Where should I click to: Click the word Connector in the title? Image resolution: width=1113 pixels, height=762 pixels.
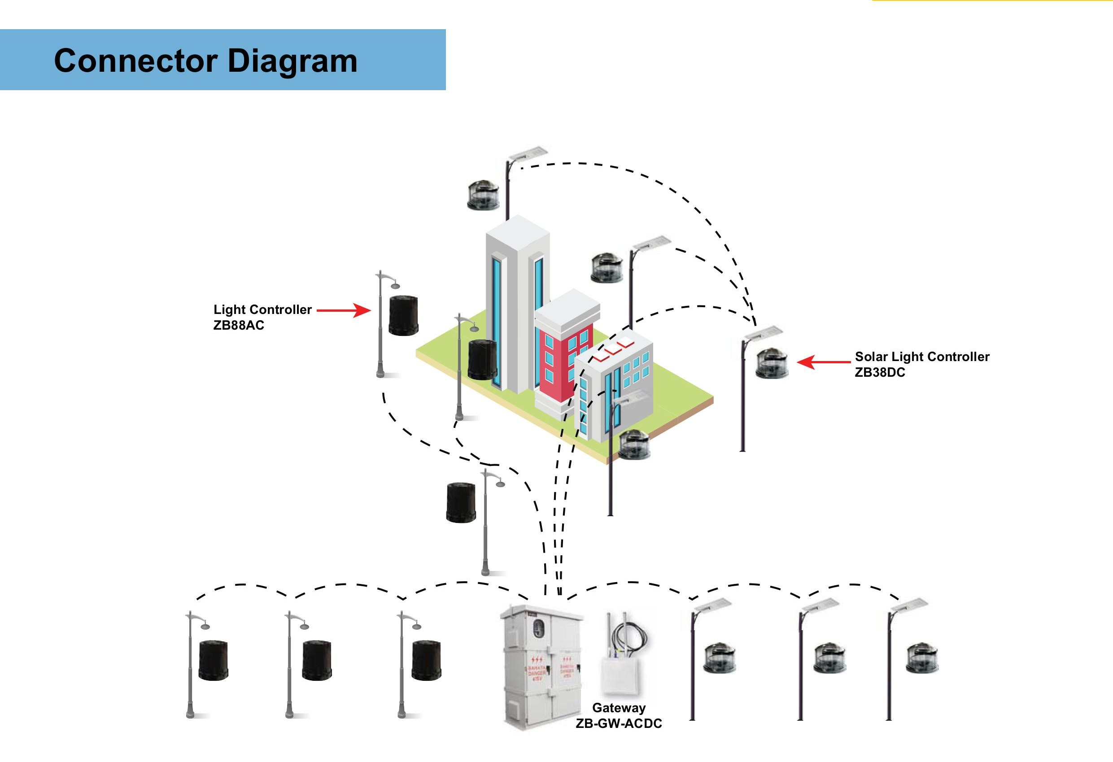click(135, 61)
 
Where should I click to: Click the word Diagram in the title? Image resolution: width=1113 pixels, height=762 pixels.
click(292, 61)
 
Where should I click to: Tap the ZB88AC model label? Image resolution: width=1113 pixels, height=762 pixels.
click(239, 325)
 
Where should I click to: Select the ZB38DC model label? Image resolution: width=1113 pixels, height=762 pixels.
click(880, 372)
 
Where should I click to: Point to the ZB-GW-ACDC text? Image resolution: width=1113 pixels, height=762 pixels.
click(619, 723)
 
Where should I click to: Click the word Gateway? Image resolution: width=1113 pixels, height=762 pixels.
click(619, 707)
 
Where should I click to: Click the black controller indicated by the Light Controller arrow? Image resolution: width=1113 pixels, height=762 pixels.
click(403, 316)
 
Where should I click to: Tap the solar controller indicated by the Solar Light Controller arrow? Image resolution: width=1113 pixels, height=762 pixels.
click(772, 363)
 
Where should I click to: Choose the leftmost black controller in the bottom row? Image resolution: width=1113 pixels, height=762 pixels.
click(213, 661)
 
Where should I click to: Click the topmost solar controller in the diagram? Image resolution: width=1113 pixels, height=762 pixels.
click(484, 195)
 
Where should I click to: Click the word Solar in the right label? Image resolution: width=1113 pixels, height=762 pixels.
click(871, 357)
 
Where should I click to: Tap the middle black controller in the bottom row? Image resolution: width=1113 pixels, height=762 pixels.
click(317, 660)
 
